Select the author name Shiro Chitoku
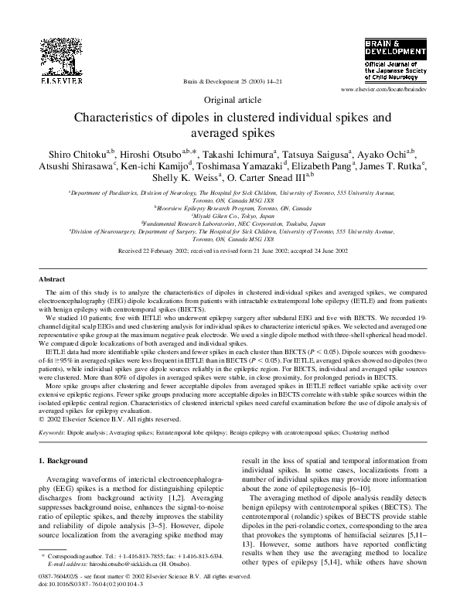coord(76,150)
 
